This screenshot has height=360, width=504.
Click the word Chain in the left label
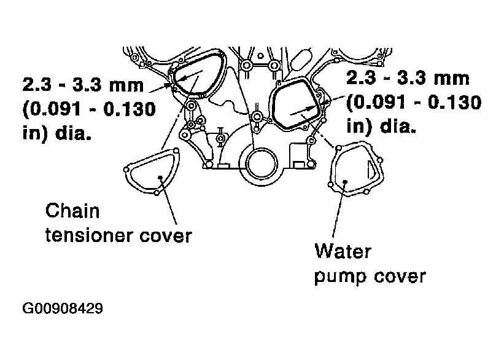[x=72, y=211]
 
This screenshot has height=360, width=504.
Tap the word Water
[x=343, y=251]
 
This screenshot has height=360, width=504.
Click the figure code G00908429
[x=63, y=308]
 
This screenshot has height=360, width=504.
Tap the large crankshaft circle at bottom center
[x=246, y=164]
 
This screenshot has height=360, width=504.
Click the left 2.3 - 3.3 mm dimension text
[x=83, y=85]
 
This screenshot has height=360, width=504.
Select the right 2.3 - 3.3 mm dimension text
[x=408, y=78]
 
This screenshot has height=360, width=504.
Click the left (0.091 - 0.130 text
[x=89, y=109]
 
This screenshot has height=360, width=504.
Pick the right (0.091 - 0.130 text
[x=414, y=103]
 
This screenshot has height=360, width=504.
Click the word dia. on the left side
[x=73, y=133]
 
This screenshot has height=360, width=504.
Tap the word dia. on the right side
[x=398, y=125]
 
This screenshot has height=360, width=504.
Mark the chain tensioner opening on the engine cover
[x=174, y=80]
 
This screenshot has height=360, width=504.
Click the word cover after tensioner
[x=166, y=236]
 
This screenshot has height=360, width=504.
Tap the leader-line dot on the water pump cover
[x=345, y=182]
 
